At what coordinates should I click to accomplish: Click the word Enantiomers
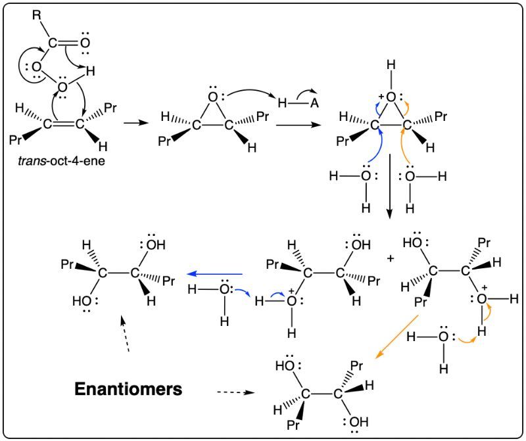tap(128, 389)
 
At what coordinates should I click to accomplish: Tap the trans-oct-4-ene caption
tap(61, 161)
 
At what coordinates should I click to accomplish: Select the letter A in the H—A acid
tap(314, 103)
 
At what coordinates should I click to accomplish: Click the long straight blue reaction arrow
tap(215, 274)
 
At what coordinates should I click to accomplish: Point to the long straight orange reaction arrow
tap(396, 337)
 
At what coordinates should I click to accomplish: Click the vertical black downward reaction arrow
tap(389, 187)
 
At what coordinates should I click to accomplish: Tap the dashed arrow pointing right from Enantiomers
tap(236, 392)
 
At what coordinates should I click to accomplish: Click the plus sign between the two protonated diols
tap(391, 258)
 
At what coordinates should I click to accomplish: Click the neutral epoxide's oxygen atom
tap(213, 97)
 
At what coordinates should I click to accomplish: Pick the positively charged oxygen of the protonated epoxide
tap(391, 97)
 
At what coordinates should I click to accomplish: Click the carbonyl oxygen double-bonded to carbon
tap(85, 43)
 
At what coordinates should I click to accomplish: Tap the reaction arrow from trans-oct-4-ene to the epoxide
tap(136, 123)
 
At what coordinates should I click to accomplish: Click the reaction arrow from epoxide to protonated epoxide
tap(298, 125)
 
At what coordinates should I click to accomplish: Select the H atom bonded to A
tap(283, 103)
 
